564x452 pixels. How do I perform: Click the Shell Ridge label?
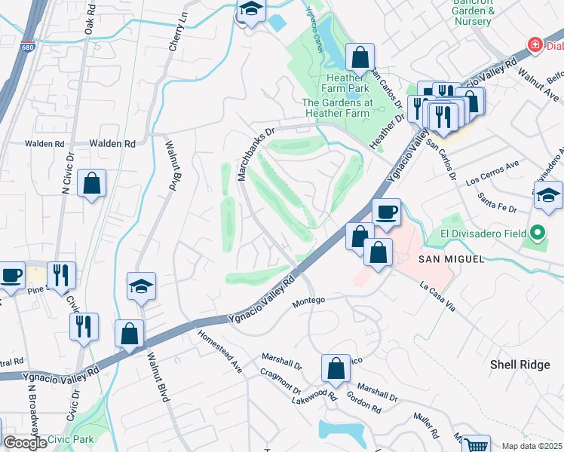(520, 365)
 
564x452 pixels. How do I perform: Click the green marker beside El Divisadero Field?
(538, 234)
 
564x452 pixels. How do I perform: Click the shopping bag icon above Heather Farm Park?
(360, 56)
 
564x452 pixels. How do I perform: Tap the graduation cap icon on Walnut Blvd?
(141, 286)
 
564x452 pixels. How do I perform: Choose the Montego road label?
(308, 300)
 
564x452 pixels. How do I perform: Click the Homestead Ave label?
(220, 352)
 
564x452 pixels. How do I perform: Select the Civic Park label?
(70, 439)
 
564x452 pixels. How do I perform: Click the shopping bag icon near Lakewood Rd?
(336, 368)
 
